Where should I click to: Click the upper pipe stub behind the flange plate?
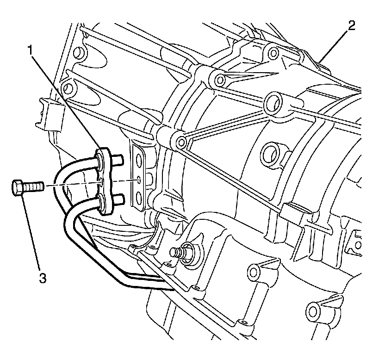tap(117, 160)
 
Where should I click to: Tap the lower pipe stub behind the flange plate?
tap(118, 199)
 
